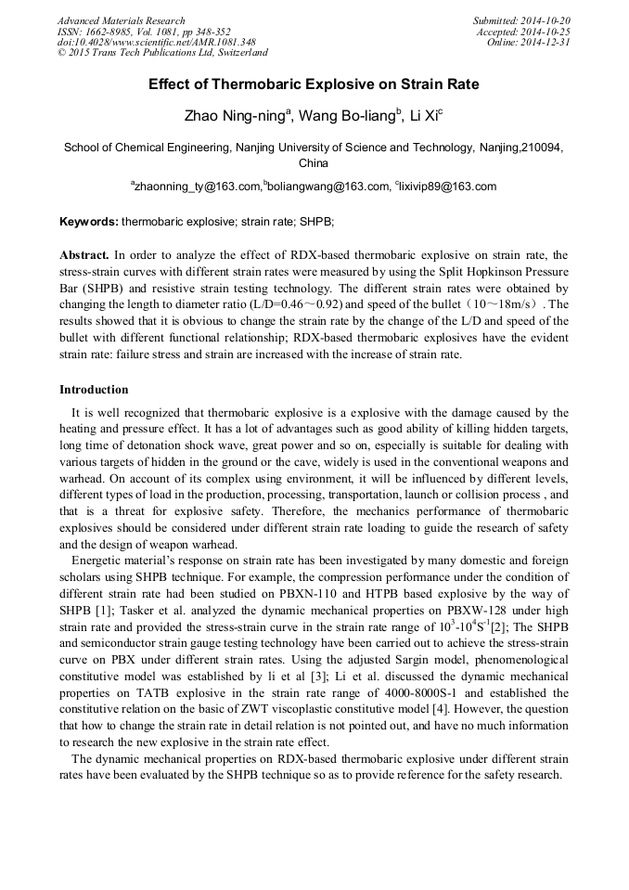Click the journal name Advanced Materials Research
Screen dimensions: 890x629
(121, 20)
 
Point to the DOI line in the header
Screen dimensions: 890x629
(156, 42)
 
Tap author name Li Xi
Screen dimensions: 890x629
(425, 115)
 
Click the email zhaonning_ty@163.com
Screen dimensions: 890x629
(198, 187)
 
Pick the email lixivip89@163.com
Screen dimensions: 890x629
(448, 187)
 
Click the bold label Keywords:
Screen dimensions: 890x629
(89, 223)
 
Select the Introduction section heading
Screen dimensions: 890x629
(94, 389)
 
